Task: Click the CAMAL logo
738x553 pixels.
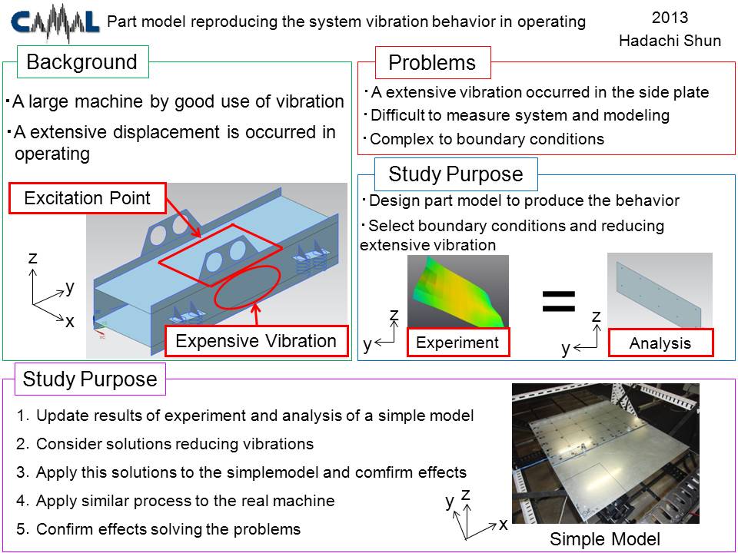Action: [55, 22]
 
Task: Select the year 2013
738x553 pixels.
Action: [670, 18]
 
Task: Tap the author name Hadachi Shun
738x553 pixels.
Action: [670, 41]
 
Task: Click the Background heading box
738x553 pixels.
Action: [83, 61]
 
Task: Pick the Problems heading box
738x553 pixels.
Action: [433, 62]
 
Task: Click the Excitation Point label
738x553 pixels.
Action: [88, 198]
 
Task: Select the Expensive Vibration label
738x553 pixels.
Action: [257, 341]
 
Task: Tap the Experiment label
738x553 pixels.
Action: [458, 343]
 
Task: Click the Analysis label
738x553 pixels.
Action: [660, 343]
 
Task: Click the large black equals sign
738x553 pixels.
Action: [559, 301]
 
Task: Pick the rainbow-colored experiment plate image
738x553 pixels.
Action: [458, 292]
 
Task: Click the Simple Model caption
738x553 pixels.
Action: [605, 539]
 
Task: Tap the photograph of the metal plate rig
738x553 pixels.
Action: [606, 453]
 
